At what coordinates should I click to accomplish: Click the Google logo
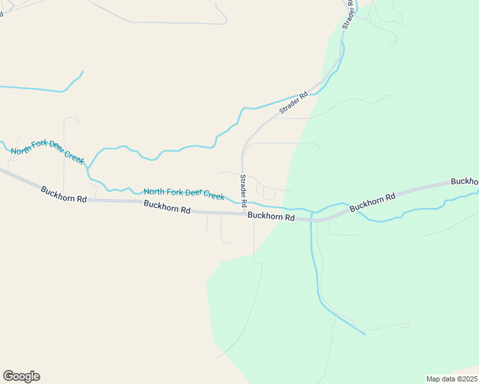pyautogui.click(x=21, y=376)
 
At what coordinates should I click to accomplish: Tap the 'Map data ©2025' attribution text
pyautogui.click(x=451, y=378)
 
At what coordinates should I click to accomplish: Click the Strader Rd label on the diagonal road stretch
pyautogui.click(x=293, y=104)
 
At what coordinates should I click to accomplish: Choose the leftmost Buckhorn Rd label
pyautogui.click(x=63, y=195)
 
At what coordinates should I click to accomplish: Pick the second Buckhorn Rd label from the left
pyautogui.click(x=167, y=207)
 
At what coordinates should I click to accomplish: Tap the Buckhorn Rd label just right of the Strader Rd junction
pyautogui.click(x=271, y=217)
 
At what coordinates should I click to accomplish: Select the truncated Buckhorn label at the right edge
pyautogui.click(x=465, y=182)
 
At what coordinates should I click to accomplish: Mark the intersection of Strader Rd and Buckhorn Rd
pyautogui.click(x=243, y=214)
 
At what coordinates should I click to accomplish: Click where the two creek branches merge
pyautogui.click(x=88, y=170)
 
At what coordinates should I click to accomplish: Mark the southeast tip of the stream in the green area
pyautogui.click(x=365, y=334)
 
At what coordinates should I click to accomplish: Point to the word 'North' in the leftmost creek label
pyautogui.click(x=23, y=151)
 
